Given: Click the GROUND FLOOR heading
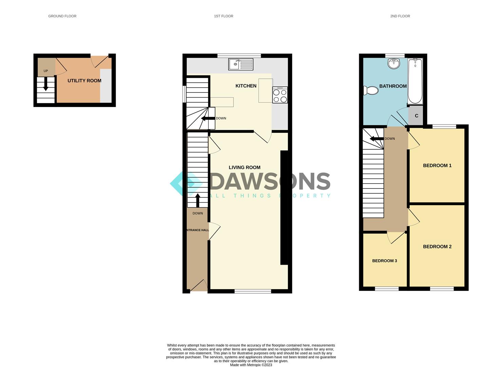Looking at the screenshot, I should [x=62, y=16].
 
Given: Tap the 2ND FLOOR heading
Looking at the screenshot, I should [x=400, y=16].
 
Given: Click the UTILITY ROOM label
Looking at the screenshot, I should [x=84, y=81].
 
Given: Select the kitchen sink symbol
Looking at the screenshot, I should [x=240, y=64].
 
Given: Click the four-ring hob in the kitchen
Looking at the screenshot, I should [x=280, y=95].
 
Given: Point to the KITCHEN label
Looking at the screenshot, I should [x=246, y=86].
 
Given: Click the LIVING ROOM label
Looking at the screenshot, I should [x=244, y=168].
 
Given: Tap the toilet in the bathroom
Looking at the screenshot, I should [x=371, y=90].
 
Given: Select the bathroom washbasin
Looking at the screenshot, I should [x=394, y=63].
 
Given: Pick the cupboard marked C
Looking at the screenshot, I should [x=416, y=116].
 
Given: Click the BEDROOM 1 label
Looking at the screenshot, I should [x=437, y=165].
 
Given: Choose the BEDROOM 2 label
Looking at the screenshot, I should [x=437, y=247].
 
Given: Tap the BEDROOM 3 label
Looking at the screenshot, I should [x=384, y=261].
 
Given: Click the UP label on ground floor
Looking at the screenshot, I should [x=46, y=71].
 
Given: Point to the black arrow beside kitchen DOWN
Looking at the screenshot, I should [x=208, y=118].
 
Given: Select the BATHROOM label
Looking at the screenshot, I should [x=393, y=86].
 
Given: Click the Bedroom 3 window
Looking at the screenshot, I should [x=387, y=289].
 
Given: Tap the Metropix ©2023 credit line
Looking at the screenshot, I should [x=251, y=365].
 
